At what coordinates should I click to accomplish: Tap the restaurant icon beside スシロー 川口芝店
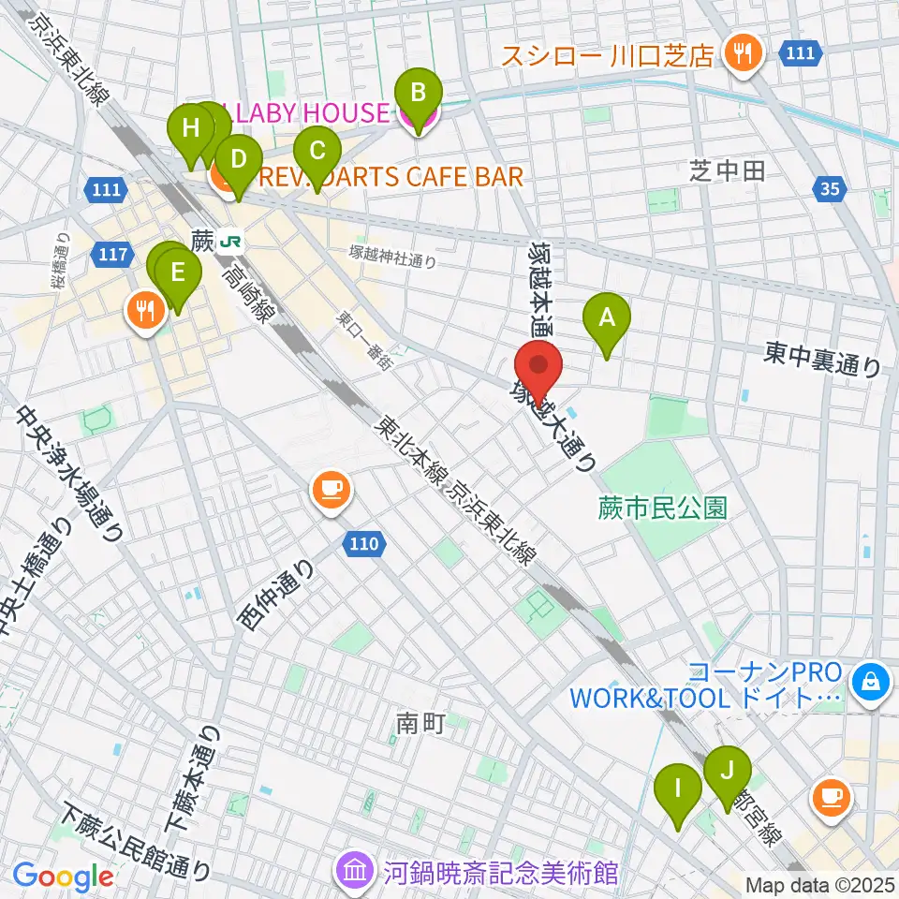pyautogui.click(x=744, y=53)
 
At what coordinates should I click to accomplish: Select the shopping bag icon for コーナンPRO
pyautogui.click(x=872, y=681)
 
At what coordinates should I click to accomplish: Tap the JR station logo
pyautogui.click(x=229, y=242)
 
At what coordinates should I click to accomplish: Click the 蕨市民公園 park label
pyautogui.click(x=663, y=508)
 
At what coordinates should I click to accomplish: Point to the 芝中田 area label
pyautogui.click(x=728, y=169)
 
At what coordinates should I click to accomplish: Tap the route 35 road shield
pyautogui.click(x=829, y=190)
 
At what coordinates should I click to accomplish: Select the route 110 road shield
pyautogui.click(x=366, y=542)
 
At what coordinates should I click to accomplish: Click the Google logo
pyautogui.click(x=63, y=877)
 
